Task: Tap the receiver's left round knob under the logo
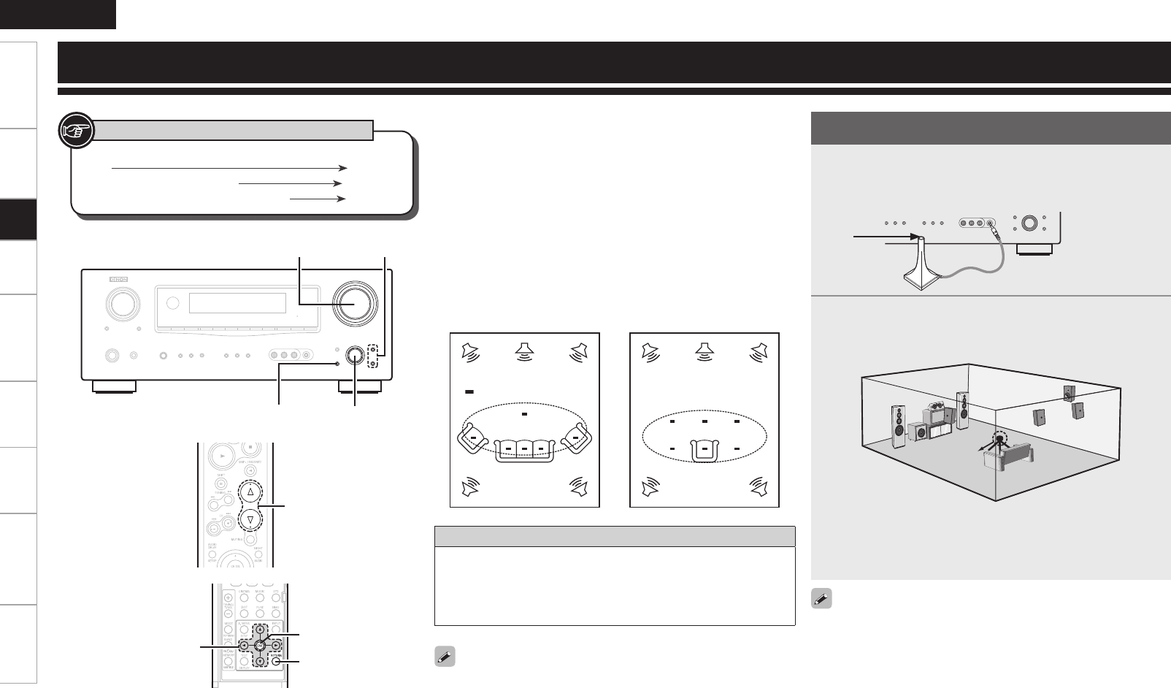coord(121,303)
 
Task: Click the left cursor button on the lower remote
coord(242,646)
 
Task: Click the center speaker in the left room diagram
coord(523,350)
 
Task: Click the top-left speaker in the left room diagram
coord(472,351)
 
